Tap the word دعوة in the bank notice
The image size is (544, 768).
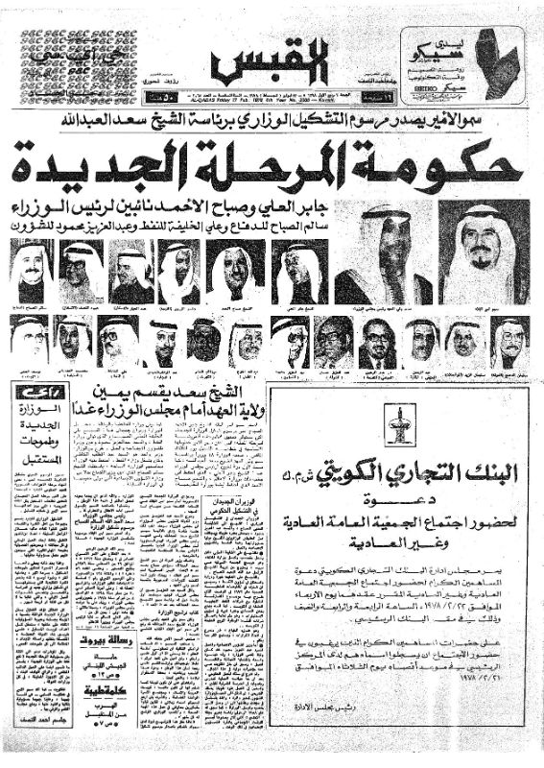(x=397, y=500)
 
